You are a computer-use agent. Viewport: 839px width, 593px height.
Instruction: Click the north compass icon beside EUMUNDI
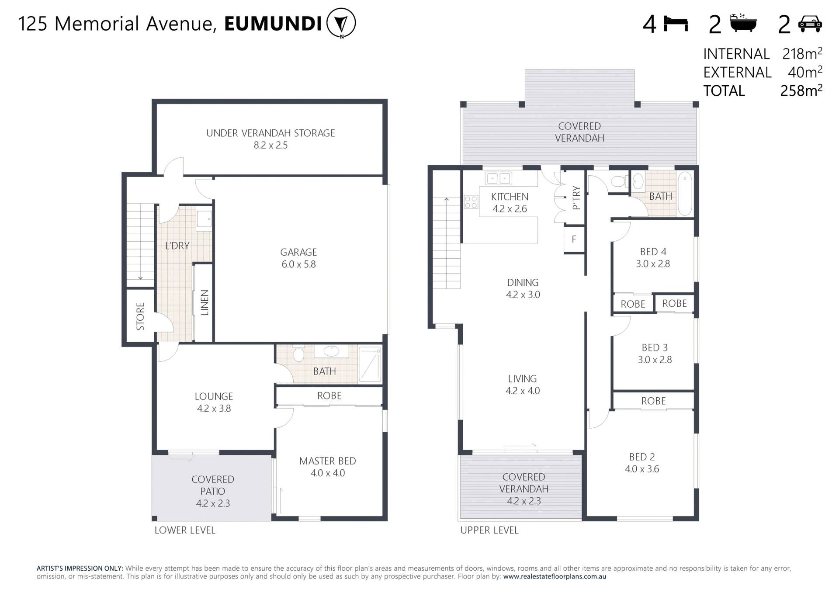tap(341, 23)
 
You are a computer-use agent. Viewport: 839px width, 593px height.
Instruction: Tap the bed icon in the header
tap(676, 24)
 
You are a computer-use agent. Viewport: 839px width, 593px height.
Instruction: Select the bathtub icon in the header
tap(743, 23)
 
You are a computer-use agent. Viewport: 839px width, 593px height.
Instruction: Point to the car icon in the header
tap(810, 24)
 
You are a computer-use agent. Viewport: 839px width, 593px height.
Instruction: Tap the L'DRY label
tap(177, 246)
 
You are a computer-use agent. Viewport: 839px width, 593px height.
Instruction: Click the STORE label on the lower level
tap(140, 316)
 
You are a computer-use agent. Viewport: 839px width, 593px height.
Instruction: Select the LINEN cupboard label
tap(204, 302)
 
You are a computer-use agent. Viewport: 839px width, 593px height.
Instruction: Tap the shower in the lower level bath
tap(370, 364)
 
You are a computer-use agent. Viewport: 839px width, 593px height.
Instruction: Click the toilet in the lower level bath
tap(298, 353)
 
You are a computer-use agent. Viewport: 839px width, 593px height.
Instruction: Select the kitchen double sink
tap(499, 178)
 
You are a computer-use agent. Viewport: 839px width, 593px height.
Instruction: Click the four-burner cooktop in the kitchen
tap(471, 201)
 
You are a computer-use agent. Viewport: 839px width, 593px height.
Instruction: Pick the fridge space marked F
tap(574, 239)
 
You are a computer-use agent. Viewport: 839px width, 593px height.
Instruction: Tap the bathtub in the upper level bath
tap(685, 194)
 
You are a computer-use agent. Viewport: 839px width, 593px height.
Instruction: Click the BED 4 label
tap(653, 252)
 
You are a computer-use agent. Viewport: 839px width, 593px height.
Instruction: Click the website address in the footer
tap(555, 576)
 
